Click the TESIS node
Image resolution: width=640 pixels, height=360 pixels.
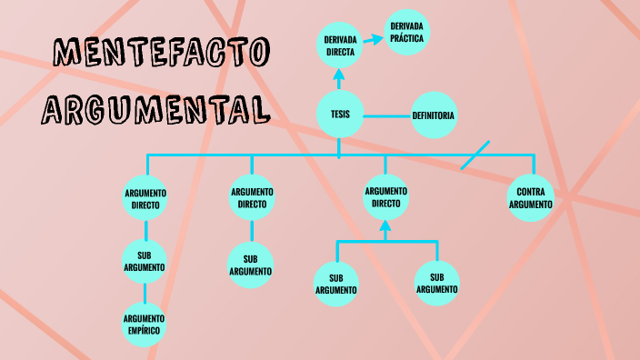340,115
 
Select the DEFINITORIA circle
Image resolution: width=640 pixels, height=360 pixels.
434,115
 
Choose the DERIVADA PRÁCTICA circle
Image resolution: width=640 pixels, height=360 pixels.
407,34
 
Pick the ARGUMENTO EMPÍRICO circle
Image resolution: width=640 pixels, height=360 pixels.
145,325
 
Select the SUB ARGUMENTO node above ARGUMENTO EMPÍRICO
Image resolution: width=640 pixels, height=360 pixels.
145,260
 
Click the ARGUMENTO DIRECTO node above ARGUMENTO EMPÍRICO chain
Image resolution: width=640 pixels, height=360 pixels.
145,198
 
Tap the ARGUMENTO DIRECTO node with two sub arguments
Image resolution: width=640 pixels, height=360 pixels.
385,197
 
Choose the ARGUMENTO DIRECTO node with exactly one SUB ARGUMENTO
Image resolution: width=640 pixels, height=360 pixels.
252,197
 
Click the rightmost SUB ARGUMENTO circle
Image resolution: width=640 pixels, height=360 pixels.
437,283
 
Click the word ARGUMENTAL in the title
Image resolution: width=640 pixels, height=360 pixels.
156,110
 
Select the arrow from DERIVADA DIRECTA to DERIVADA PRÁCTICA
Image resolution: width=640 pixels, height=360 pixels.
374,40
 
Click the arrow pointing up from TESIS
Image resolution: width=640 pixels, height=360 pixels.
340,82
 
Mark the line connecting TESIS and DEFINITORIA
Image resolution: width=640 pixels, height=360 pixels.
387,115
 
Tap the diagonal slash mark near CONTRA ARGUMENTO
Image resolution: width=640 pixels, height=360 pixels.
475,155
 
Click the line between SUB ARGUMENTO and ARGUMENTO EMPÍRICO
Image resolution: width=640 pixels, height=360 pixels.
145,293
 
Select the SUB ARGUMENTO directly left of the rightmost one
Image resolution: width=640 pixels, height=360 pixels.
336,284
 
